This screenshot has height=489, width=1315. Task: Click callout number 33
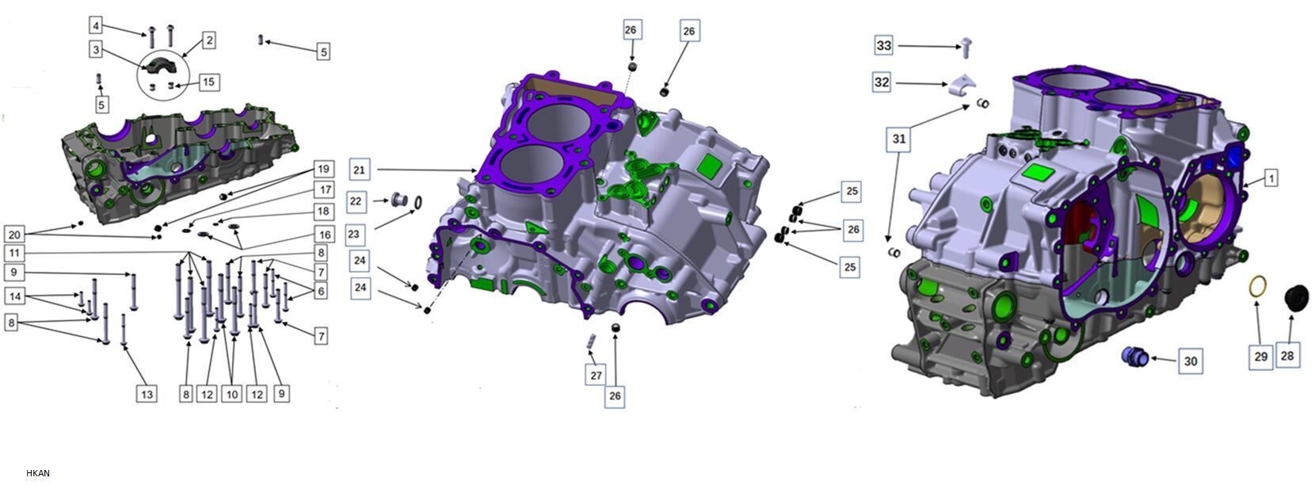(883, 46)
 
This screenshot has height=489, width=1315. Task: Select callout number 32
(882, 82)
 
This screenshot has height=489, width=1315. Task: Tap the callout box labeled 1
(1271, 178)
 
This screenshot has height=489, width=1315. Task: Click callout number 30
(1190, 361)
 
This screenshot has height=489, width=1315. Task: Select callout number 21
(359, 170)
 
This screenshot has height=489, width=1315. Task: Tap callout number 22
(356, 201)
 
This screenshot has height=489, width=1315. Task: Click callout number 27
(596, 376)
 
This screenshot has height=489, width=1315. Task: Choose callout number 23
(354, 235)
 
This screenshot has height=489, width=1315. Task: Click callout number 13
(147, 394)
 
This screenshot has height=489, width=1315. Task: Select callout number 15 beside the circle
(208, 82)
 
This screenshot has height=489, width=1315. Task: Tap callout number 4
(96, 26)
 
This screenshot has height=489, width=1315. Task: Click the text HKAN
(38, 473)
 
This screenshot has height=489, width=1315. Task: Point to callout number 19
(322, 169)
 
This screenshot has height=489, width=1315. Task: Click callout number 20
(13, 235)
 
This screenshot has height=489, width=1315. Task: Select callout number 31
(898, 139)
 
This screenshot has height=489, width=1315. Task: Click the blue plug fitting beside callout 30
(1134, 356)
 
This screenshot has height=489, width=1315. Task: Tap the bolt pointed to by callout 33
(966, 48)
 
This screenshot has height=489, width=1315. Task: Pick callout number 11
(13, 253)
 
